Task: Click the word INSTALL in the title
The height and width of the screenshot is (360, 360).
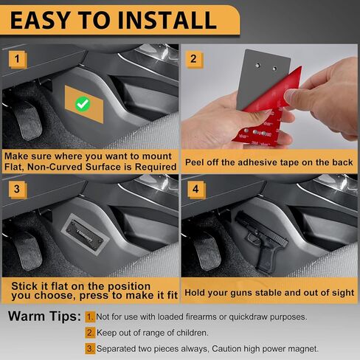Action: pyautogui.click(x=167, y=20)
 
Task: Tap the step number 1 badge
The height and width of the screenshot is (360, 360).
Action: pyautogui.click(x=17, y=59)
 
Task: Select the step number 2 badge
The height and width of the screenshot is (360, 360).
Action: pyautogui.click(x=194, y=59)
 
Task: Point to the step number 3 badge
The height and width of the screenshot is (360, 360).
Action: pyautogui.click(x=17, y=190)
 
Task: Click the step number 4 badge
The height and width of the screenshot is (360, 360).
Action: pyautogui.click(x=196, y=190)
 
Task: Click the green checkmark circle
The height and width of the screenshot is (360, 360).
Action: pyautogui.click(x=83, y=104)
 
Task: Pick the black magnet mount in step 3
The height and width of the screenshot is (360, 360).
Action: pyautogui.click(x=85, y=234)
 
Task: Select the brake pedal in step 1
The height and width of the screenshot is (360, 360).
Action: pyautogui.click(x=28, y=120)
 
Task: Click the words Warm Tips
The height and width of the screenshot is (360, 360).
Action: pyautogui.click(x=44, y=316)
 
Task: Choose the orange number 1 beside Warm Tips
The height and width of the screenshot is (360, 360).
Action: pyautogui.click(x=90, y=317)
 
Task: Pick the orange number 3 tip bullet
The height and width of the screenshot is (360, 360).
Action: pyautogui.click(x=90, y=349)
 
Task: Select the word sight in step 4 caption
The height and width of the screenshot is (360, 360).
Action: pyautogui.click(x=344, y=293)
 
